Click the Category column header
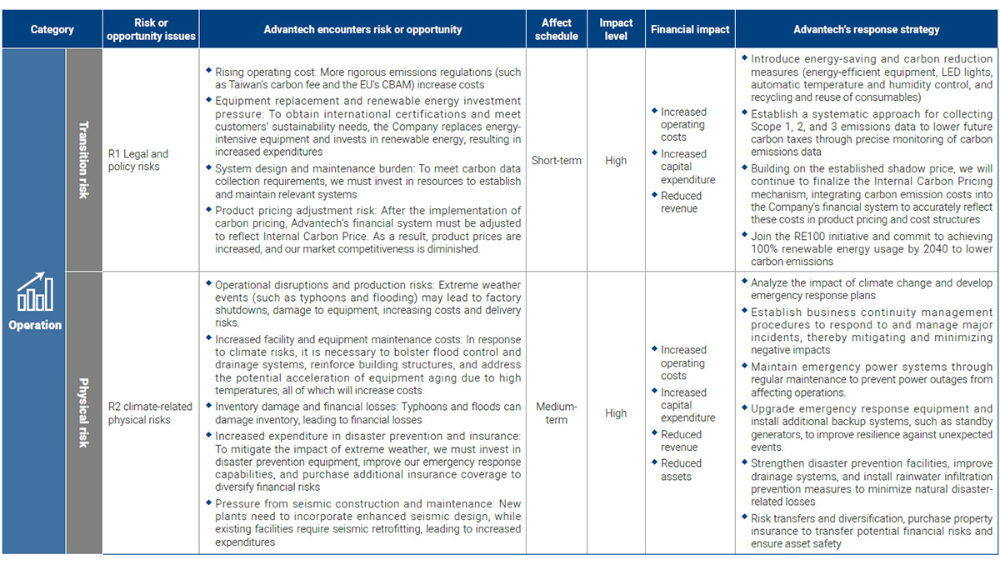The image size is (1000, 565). tap(52, 29)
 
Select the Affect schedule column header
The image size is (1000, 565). tap(557, 29)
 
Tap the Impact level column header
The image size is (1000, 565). tap(616, 29)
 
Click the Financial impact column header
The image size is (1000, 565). tap(690, 29)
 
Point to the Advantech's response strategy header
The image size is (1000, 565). tap(866, 29)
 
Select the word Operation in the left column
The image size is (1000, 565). tap(35, 325)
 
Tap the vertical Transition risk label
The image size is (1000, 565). tap(83, 159)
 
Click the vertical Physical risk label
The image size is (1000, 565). tap(83, 412)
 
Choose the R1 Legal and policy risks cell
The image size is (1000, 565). tap(138, 160)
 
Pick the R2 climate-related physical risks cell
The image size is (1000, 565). tap(150, 412)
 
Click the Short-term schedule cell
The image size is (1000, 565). tap(556, 160)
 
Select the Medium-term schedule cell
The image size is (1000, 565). tap(556, 412)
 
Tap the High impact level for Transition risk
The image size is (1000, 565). tap(616, 160)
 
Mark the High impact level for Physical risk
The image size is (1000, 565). tap(616, 412)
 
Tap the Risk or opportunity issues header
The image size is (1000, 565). tap(151, 29)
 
